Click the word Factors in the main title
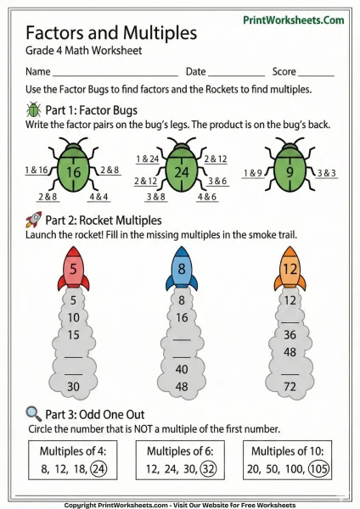coord(63,33)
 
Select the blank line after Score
coord(317,72)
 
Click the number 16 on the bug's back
coord(74,173)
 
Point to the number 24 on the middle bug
coord(180,173)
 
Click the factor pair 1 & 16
coord(37,171)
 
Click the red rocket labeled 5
coord(73,270)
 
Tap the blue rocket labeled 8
coord(182,270)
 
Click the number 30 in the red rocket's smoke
coord(73,386)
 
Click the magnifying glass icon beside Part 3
coord(34,413)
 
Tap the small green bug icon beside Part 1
coord(34,109)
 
